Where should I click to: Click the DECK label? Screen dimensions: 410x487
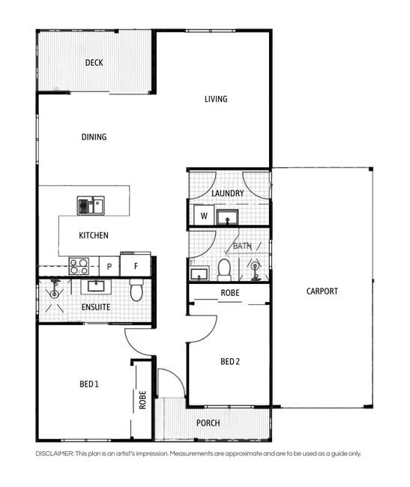coord(94,63)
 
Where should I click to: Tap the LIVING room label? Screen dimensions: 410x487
coord(216,99)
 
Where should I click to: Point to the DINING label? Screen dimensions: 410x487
coord(94,137)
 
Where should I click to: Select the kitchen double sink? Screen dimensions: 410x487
coord(91,205)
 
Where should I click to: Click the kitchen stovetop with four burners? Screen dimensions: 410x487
coord(79,267)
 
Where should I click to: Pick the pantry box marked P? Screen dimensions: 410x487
coord(109,266)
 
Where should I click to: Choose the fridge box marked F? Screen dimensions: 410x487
coord(136,265)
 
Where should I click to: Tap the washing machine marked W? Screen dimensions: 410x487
coord(204,215)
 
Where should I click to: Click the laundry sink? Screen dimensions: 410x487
coord(227,217)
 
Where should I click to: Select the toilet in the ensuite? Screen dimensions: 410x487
coord(136,290)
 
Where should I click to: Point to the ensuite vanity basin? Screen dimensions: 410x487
coord(96,286)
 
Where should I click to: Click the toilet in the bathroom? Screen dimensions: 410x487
coord(224,270)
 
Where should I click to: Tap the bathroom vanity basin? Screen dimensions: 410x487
coord(199,273)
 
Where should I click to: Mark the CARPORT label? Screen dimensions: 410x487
coord(322,291)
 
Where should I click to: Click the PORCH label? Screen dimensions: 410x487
coord(208,423)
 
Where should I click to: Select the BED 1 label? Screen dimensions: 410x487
coord(89,384)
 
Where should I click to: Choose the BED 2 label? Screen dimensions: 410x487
coord(230,362)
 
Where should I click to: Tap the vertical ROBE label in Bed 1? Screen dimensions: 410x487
coord(142,400)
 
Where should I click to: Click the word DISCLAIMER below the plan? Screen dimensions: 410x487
coord(55,454)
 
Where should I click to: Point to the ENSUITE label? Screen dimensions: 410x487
coord(96,307)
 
